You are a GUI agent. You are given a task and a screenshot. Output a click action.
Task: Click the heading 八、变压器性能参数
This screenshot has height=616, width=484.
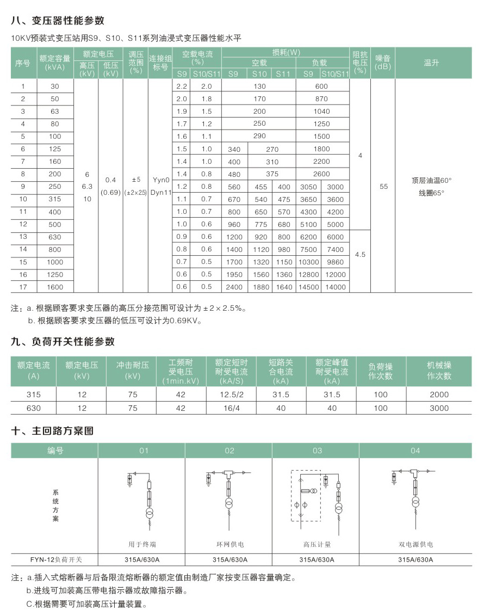click(x=58, y=21)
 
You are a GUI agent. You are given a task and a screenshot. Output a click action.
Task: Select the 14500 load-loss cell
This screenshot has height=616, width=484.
click(x=308, y=287)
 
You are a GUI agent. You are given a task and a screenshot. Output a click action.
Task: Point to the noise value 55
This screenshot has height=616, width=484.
click(x=384, y=186)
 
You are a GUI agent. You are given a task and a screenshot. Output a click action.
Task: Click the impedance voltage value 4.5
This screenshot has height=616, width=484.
click(x=360, y=254)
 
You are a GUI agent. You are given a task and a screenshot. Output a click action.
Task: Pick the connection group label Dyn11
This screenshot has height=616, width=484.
click(x=160, y=192)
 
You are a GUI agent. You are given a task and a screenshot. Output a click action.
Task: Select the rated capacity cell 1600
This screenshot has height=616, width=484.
click(x=55, y=287)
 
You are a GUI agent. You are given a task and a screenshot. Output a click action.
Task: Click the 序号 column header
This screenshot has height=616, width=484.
click(x=23, y=63)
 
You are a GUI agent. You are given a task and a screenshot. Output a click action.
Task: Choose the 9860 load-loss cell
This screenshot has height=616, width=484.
click(x=336, y=262)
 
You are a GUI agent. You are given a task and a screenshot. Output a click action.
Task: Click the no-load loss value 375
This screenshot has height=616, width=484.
click(x=272, y=174)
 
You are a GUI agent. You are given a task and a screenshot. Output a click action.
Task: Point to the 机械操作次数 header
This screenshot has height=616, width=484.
click(x=439, y=371)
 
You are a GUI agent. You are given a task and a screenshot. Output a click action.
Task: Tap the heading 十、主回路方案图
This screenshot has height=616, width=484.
click(x=53, y=431)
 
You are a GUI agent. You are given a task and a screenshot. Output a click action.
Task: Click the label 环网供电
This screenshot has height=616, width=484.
click(x=230, y=544)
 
